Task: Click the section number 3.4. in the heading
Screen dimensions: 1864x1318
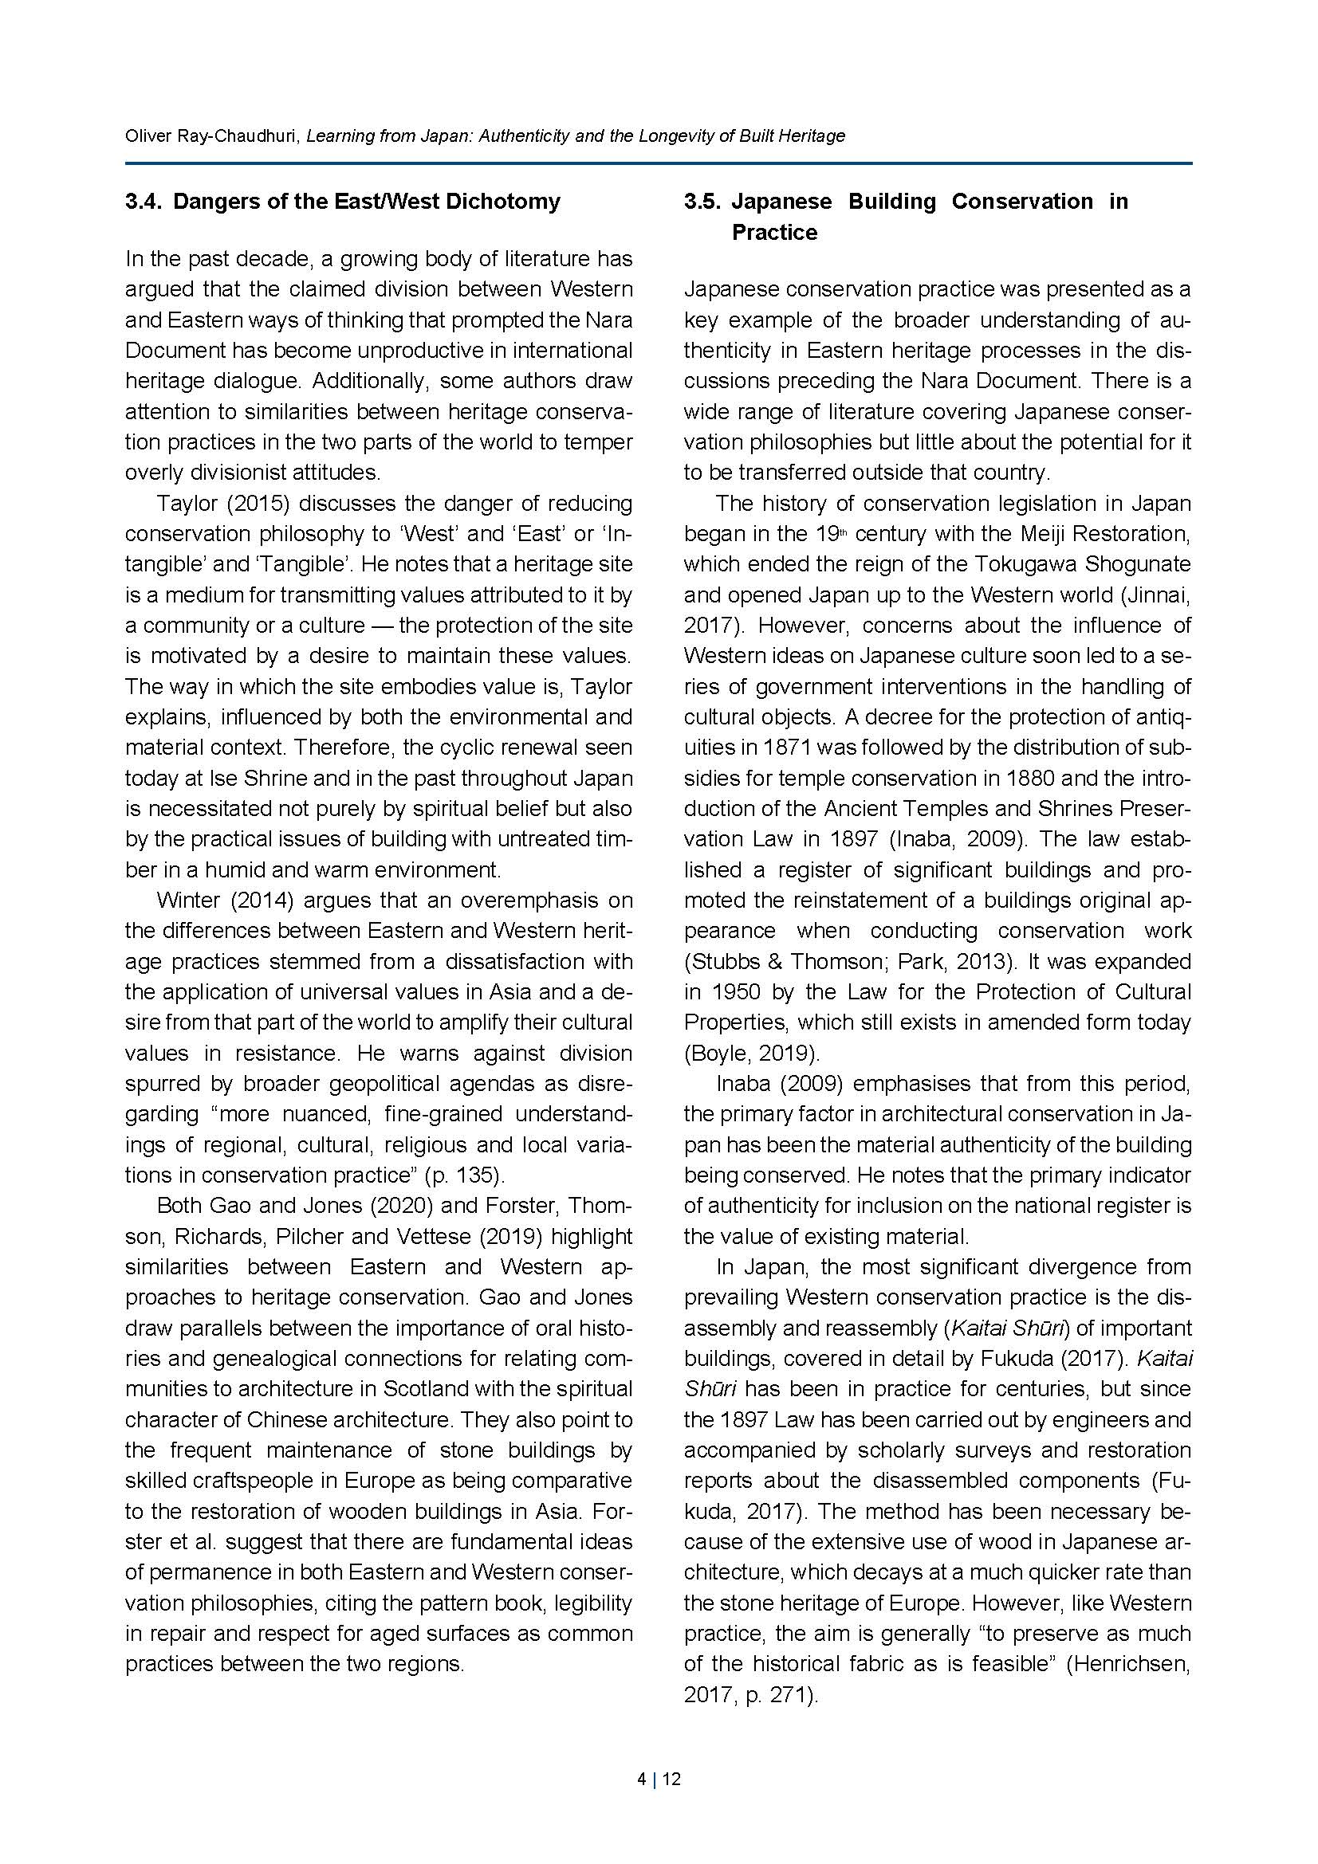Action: [144, 202]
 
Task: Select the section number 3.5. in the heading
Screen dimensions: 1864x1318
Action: [702, 202]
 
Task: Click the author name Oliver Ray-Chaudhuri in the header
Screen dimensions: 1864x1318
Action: [212, 135]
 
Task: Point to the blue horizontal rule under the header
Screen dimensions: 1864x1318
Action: [658, 164]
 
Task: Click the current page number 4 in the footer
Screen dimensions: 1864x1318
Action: [642, 1780]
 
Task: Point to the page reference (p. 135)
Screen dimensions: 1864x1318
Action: [464, 1175]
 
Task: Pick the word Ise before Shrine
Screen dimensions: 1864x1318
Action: [222, 778]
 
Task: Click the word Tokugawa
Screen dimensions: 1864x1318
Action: [1030, 564]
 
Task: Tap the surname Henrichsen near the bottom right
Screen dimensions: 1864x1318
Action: [1134, 1664]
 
